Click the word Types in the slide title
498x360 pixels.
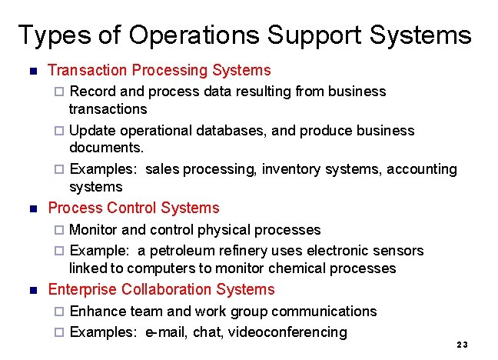[48, 35]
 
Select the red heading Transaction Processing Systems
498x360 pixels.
[159, 71]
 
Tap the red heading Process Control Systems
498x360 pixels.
[133, 208]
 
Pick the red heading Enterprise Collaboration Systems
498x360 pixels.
[161, 290]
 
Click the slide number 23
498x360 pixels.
[462, 345]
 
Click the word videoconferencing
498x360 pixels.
[293, 332]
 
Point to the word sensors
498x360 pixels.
[398, 251]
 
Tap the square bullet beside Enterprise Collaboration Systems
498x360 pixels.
[32, 291]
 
